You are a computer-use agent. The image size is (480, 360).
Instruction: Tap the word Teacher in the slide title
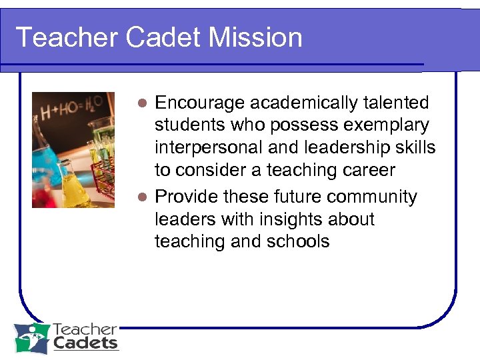pyautogui.click(x=65, y=37)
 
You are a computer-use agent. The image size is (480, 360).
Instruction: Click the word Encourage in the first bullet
pyautogui.click(x=199, y=103)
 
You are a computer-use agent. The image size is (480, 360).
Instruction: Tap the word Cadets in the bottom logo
pyautogui.click(x=85, y=343)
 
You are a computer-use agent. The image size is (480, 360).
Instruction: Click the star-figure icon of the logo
pyautogui.click(x=32, y=338)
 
